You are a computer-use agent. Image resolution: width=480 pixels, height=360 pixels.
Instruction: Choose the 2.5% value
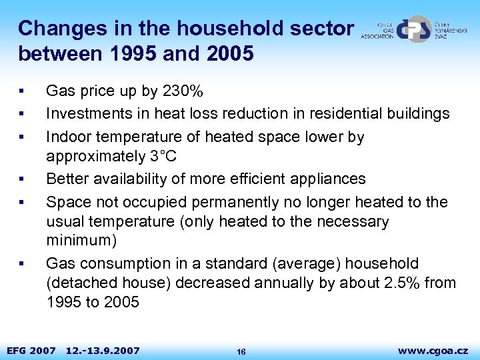click(x=402, y=283)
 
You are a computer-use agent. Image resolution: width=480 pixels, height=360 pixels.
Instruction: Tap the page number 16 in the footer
click(x=241, y=351)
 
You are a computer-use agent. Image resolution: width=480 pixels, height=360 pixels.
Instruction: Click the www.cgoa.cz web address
click(x=433, y=350)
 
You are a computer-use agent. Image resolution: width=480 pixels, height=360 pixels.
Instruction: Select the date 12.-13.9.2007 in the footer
click(x=103, y=350)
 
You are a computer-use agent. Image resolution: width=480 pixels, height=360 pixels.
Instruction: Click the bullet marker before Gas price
click(x=22, y=91)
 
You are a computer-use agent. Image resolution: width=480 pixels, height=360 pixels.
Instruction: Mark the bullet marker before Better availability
click(x=22, y=179)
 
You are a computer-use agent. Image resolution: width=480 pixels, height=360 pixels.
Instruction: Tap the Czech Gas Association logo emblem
click(x=416, y=29)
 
